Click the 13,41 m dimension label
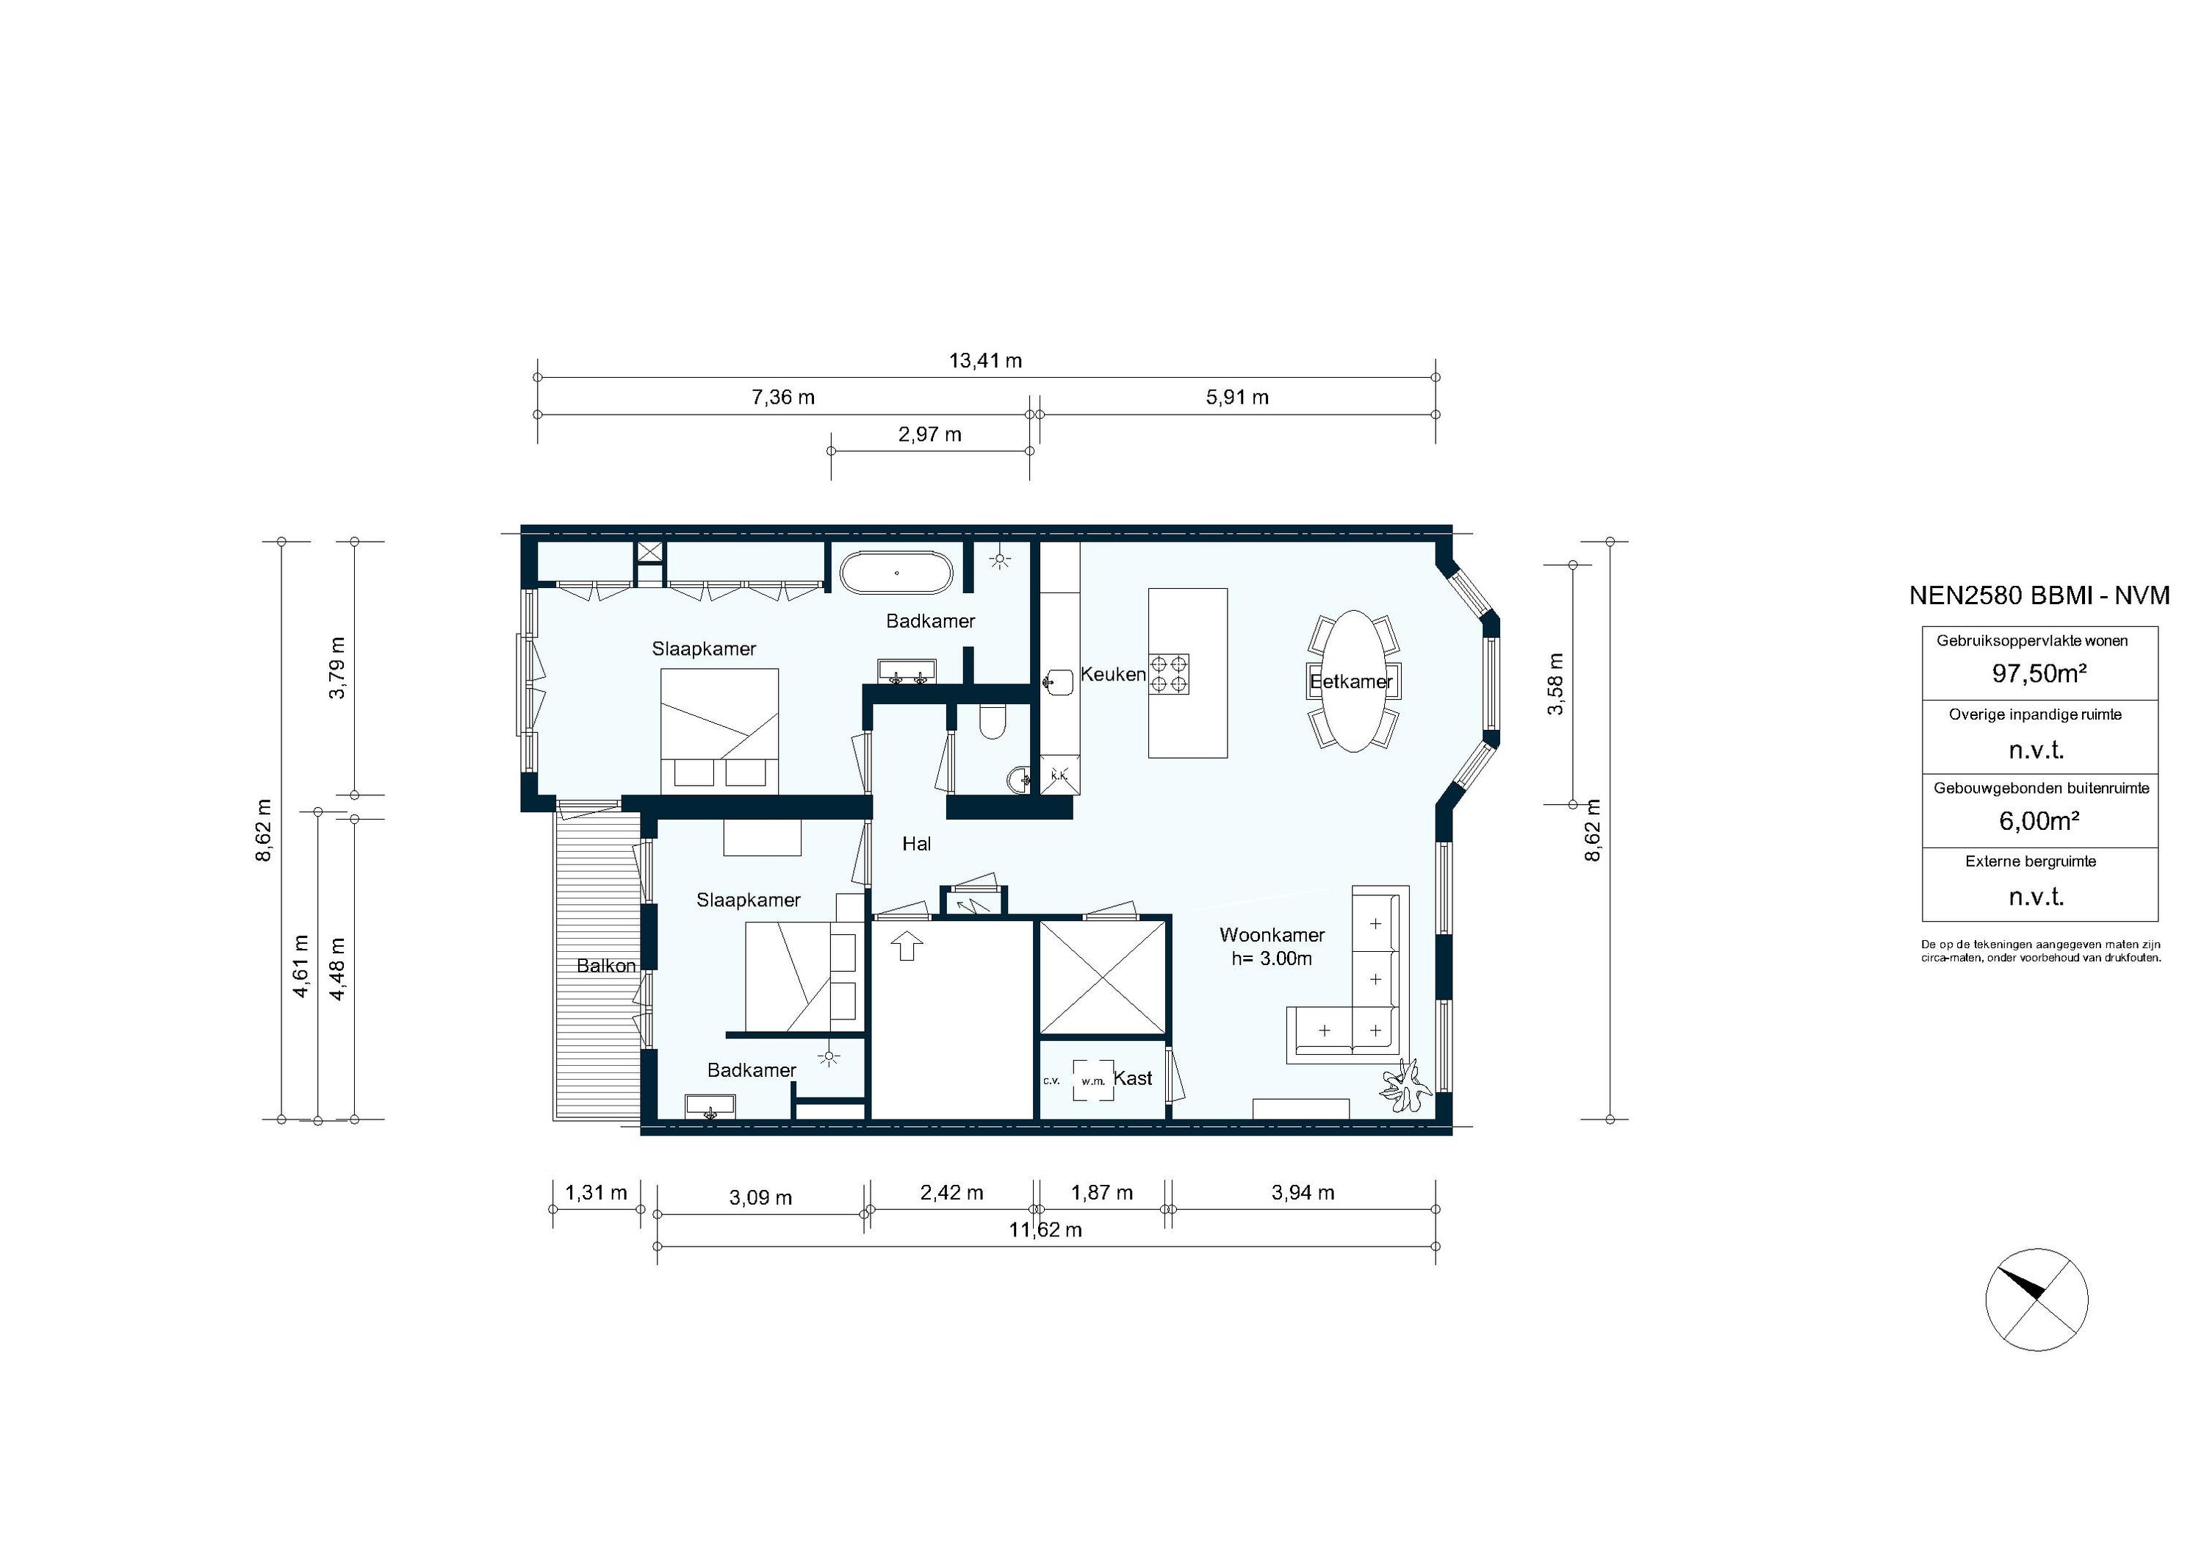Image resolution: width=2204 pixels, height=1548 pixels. [x=985, y=361]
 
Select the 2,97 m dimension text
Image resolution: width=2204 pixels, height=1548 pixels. [x=929, y=435]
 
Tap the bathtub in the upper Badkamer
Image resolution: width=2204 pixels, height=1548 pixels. [x=896, y=573]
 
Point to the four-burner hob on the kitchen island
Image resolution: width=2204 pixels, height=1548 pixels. [x=1169, y=673]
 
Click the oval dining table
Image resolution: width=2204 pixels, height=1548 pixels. [x=1353, y=681]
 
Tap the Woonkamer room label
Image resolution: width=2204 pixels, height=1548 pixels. [x=1272, y=935]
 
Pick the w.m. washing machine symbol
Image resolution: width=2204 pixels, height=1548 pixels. [x=1093, y=1081]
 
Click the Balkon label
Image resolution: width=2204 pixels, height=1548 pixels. [x=605, y=966]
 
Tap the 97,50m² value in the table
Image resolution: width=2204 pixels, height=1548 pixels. [x=2039, y=674]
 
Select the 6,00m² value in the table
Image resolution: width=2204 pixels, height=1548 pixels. [x=2039, y=821]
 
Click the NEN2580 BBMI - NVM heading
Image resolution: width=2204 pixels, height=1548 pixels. [x=2039, y=595]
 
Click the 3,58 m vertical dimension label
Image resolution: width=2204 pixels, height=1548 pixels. [x=1556, y=684]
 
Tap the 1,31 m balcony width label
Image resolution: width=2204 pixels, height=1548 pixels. [x=595, y=1193]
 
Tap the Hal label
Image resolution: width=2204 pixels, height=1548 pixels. [x=916, y=844]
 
